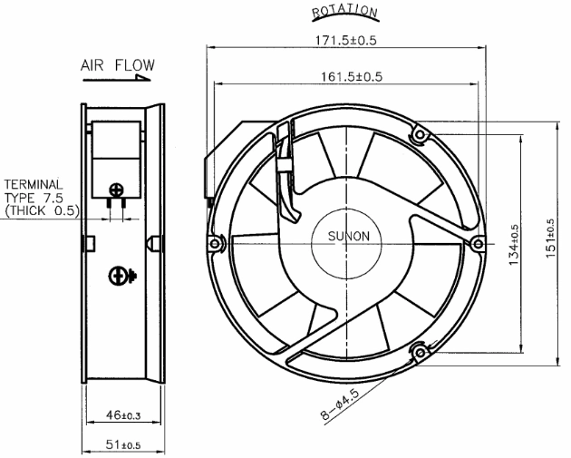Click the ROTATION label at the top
pyautogui.click(x=344, y=12)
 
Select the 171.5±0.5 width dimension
pyautogui.click(x=345, y=40)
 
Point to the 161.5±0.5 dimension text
pyautogui.click(x=352, y=77)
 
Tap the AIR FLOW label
pyautogui.click(x=118, y=65)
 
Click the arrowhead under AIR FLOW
pyautogui.click(x=143, y=77)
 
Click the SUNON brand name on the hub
pyautogui.click(x=349, y=236)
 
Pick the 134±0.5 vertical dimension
pyautogui.click(x=514, y=245)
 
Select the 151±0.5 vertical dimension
pyautogui.click(x=550, y=239)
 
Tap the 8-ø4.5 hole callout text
pyautogui.click(x=340, y=404)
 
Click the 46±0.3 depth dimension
pyautogui.click(x=123, y=415)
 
